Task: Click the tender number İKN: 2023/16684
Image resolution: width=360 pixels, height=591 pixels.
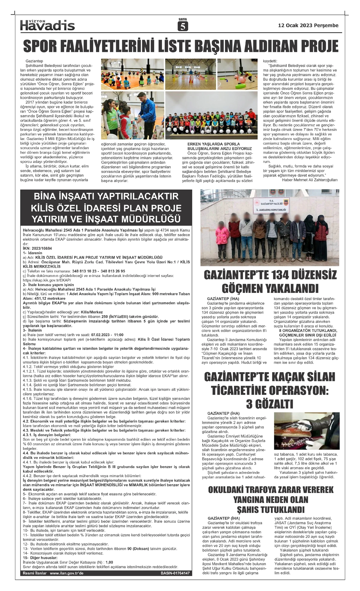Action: (37, 249)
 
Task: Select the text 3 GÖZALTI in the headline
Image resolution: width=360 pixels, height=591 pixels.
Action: (269, 404)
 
